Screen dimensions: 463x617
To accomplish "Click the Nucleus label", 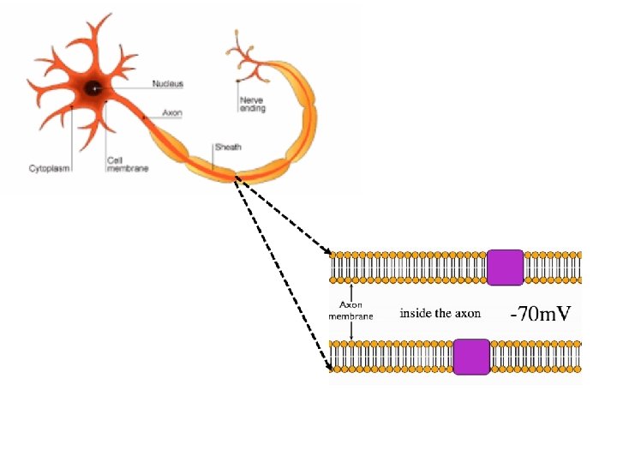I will pos(167,84).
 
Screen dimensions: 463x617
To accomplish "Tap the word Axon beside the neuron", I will pos(171,112).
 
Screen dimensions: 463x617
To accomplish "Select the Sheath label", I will pos(227,147).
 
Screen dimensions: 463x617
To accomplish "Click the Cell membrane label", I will pos(127,164).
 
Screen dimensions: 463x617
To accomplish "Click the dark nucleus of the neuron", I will pos(92,87).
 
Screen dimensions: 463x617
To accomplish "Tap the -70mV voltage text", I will pos(540,314).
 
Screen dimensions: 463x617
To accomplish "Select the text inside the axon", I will pos(440,313).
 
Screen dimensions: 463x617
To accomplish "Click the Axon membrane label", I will pos(351,310).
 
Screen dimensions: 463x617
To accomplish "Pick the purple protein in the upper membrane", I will pos(505,268).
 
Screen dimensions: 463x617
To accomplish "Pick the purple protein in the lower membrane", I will pos(470,357).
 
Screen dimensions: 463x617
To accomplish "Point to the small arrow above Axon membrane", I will pos(351,292).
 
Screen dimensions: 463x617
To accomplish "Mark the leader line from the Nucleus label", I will pos(124,85).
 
